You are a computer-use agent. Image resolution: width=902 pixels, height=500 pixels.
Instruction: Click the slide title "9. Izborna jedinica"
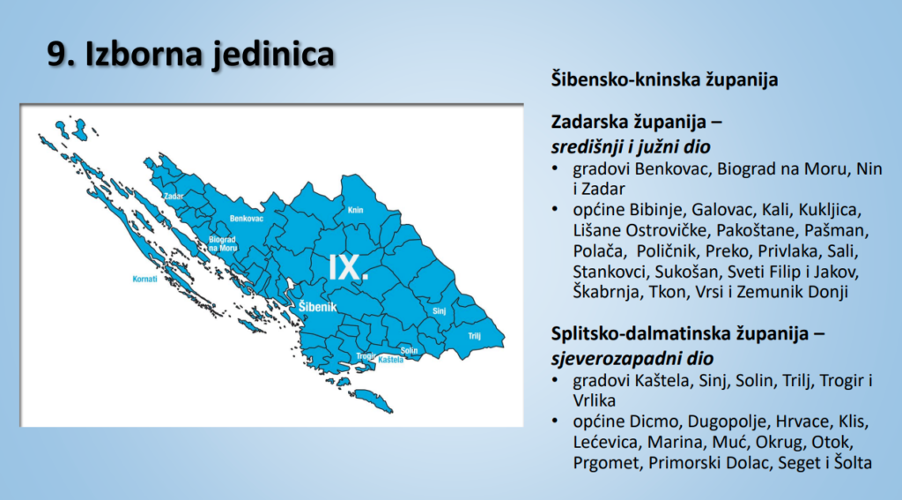click(190, 54)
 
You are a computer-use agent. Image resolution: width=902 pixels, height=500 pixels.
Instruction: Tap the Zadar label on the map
click(174, 195)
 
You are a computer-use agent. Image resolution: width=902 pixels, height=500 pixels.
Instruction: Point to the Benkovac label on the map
click(247, 217)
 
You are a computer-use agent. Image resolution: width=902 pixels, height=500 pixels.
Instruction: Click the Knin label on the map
click(356, 211)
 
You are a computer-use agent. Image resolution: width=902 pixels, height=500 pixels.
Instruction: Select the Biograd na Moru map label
click(223, 243)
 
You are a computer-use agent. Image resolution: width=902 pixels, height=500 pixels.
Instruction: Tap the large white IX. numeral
click(348, 267)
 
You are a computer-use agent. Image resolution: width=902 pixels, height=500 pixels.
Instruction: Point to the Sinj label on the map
click(440, 311)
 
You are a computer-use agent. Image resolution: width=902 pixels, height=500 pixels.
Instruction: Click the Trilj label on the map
click(474, 334)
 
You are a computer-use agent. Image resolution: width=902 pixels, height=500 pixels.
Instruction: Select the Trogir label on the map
click(366, 355)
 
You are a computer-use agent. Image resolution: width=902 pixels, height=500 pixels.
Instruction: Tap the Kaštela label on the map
click(390, 360)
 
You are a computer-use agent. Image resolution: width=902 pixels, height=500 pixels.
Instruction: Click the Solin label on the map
click(409, 351)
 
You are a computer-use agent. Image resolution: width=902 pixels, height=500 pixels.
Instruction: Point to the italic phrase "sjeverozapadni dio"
click(632, 358)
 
